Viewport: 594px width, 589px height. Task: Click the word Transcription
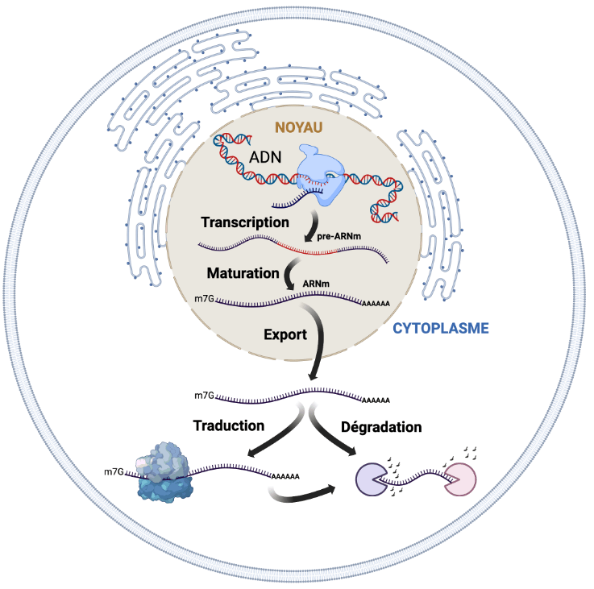pyautogui.click(x=245, y=222)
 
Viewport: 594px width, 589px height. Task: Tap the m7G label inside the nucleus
pyautogui.click(x=205, y=299)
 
